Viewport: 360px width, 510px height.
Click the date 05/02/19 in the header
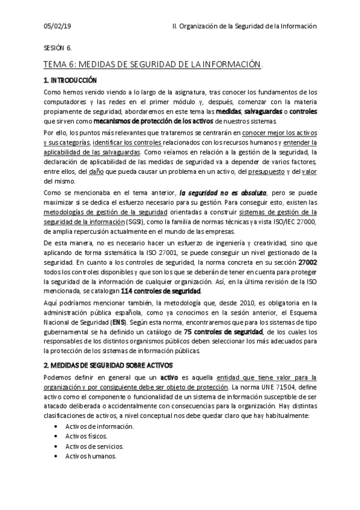pos(58,26)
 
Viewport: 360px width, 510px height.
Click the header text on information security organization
pos(243,26)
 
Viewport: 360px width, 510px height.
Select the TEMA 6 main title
pos(153,64)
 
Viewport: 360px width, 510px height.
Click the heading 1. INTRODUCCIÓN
pos(70,80)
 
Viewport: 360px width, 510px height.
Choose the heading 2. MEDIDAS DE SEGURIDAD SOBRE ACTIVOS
pos(108,365)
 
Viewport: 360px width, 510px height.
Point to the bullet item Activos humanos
pos(91,456)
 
